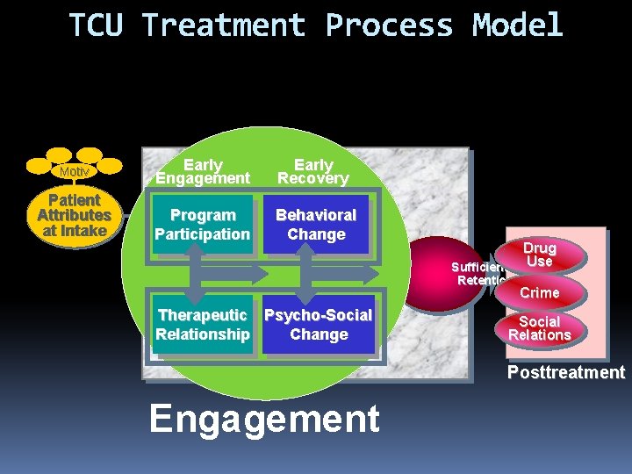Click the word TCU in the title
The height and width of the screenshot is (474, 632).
pos(97,25)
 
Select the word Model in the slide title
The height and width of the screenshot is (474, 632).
pos(517,25)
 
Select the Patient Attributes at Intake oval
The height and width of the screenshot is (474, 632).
pos(74,215)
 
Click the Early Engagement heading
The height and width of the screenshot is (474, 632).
pos(203,171)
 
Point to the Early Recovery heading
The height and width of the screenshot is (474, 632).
pos(313,171)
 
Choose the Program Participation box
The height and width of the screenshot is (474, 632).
pos(203,225)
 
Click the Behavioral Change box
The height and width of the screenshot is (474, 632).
pos(316,225)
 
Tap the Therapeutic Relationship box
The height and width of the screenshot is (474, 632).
pos(203,325)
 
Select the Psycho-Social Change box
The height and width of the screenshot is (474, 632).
pos(318,325)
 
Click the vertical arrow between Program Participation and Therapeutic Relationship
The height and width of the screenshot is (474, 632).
pos(203,274)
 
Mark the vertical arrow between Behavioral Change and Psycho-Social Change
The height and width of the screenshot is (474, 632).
pos(306,274)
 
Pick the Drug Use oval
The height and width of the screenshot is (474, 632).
pos(539,255)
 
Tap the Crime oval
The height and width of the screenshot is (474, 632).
pos(539,292)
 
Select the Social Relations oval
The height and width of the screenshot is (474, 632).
pos(539,328)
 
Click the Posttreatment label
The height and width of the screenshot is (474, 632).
pos(565,372)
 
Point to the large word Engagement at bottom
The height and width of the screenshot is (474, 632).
pos(264,419)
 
